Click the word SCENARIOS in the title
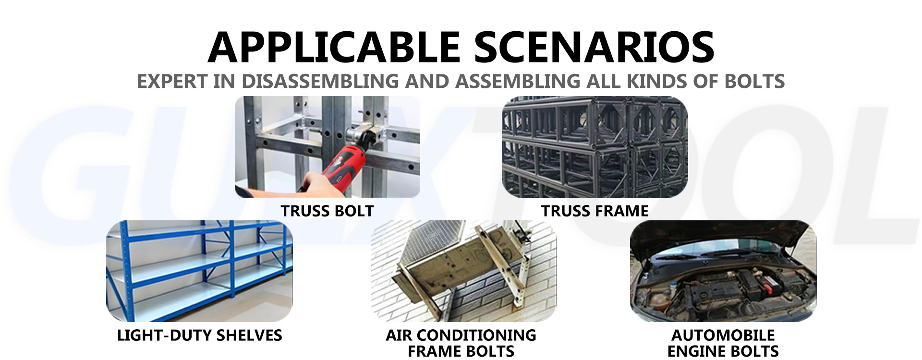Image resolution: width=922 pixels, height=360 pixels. point(594,47)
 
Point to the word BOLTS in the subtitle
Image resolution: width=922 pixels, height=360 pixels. point(754,81)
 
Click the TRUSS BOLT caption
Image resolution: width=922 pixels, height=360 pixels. point(327,211)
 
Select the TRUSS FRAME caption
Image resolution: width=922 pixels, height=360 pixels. point(595,211)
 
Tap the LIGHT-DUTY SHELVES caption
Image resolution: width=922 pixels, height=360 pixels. point(199,335)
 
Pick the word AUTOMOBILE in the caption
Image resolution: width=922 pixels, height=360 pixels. point(723,335)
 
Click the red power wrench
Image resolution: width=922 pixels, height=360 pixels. point(343,156)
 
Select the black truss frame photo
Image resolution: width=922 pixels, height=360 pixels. point(595,147)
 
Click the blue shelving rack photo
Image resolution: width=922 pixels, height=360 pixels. point(199,271)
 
